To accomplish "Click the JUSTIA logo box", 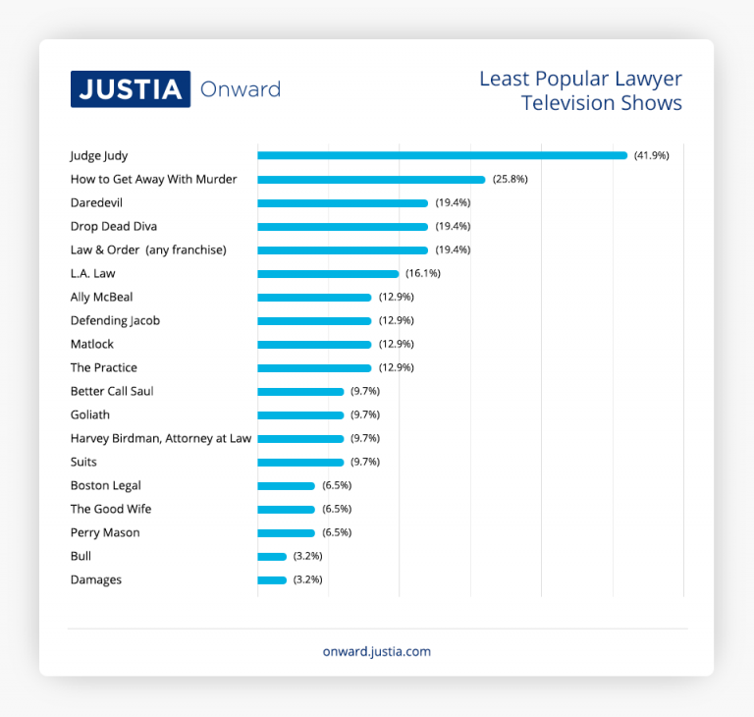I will pyautogui.click(x=130, y=89).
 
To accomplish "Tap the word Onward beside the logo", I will pyautogui.click(x=240, y=89).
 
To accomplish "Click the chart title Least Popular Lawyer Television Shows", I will pyautogui.click(x=580, y=90).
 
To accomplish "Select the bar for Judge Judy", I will pyautogui.click(x=442, y=155).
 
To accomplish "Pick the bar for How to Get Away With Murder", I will pyautogui.click(x=371, y=179).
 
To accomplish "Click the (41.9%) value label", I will pyautogui.click(x=651, y=155).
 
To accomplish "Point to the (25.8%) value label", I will pyautogui.click(x=510, y=179).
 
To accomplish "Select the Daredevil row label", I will pyautogui.click(x=96, y=202).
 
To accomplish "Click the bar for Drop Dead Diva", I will pyautogui.click(x=343, y=226).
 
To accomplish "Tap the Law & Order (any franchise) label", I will pyautogui.click(x=148, y=249).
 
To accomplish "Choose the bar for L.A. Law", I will pyautogui.click(x=328, y=273).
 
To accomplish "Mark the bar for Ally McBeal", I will pyautogui.click(x=314, y=297).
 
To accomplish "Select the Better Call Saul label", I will pyautogui.click(x=112, y=391).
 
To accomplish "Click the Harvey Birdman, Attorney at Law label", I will pyautogui.click(x=161, y=438).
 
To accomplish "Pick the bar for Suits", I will pyautogui.click(x=300, y=462).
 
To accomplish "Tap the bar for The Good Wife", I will pyautogui.click(x=286, y=509).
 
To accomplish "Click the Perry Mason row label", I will pyautogui.click(x=105, y=532).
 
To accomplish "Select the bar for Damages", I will pyautogui.click(x=272, y=579).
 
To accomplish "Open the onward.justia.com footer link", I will pyautogui.click(x=377, y=651).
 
